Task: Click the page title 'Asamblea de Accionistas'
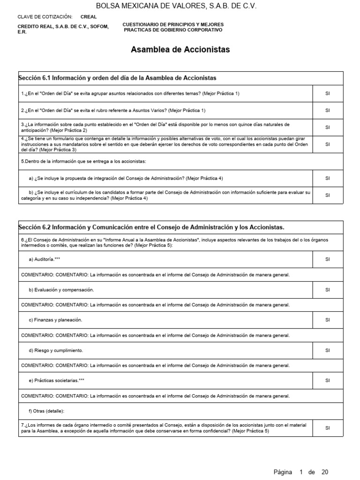coord(180,50)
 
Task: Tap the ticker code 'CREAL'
coord(89,16)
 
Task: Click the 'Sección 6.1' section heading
coord(117,78)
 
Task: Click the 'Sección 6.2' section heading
coord(151,227)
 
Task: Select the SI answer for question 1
coord(327,94)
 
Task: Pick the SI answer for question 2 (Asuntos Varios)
coord(327,111)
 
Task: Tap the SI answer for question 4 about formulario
coord(327,144)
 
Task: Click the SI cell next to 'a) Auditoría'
coord(327,259)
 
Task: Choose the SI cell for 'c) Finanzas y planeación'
coord(327,320)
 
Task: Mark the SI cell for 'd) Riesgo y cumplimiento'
coord(327,350)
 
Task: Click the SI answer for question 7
coord(327,428)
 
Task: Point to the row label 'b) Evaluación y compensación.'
coord(61,290)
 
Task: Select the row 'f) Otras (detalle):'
coord(46,411)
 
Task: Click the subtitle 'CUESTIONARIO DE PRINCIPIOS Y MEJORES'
coord(173,24)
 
